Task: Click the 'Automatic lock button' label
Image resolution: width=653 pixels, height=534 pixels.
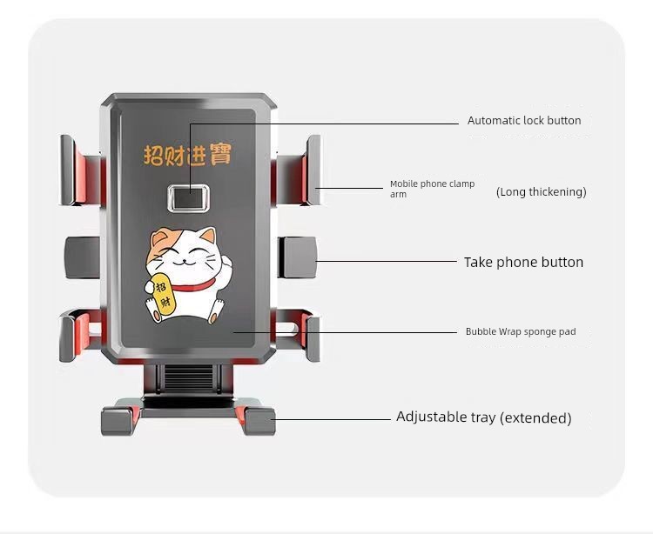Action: (x=524, y=121)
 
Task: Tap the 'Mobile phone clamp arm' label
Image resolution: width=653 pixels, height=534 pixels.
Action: (x=432, y=189)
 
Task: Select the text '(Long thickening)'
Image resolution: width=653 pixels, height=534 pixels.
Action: (x=541, y=191)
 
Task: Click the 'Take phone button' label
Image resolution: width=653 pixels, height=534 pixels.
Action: (x=523, y=262)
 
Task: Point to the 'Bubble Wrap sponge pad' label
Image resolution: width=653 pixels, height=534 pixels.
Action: (x=521, y=331)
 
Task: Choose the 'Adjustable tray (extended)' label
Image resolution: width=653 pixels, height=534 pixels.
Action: (x=483, y=417)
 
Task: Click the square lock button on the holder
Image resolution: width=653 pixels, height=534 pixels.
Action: (x=189, y=198)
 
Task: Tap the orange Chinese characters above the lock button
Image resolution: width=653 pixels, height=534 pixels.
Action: (x=187, y=155)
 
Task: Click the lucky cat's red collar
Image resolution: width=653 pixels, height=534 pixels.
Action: (x=193, y=285)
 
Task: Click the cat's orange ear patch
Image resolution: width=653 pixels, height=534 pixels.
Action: (x=158, y=240)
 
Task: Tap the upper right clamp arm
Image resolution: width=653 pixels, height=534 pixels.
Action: (x=297, y=170)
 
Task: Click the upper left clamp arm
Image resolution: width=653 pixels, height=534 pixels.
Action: (x=81, y=170)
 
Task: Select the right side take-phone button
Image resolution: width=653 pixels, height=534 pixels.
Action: (x=297, y=257)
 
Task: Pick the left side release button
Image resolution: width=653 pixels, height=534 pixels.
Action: (x=83, y=257)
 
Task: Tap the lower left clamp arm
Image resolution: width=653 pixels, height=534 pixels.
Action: (x=80, y=335)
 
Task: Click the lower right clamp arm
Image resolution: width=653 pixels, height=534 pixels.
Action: (x=298, y=335)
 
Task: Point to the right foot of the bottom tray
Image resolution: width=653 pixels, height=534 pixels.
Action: (x=258, y=420)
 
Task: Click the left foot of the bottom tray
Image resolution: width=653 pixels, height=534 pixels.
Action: (x=119, y=420)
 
